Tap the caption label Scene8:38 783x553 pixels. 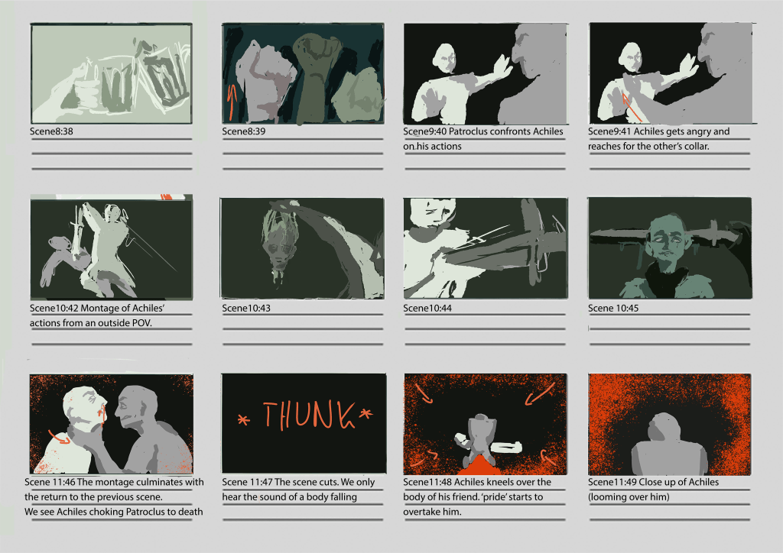pos(51,131)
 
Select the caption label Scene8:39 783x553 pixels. pos(244,131)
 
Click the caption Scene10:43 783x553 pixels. pos(246,308)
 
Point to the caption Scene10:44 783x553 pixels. pos(427,308)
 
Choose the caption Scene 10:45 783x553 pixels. pos(613,308)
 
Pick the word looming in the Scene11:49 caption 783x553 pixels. pos(608,497)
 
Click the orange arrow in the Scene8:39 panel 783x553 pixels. pos(231,102)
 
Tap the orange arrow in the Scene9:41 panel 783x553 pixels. pos(632,106)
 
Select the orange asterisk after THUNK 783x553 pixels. pos(366,414)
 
